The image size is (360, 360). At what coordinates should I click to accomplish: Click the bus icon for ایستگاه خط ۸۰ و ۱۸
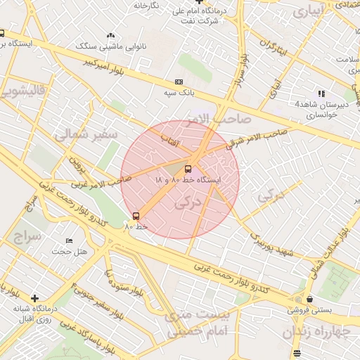(188, 169)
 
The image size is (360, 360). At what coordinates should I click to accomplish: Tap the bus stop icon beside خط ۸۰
(136, 216)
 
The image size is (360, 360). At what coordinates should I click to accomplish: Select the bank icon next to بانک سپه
(178, 82)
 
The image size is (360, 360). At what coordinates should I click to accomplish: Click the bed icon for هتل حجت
(68, 241)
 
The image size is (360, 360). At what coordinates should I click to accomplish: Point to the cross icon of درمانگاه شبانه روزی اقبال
(34, 298)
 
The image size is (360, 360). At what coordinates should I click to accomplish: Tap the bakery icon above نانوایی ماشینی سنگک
(110, 35)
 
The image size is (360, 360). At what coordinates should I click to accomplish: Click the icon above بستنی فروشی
(309, 299)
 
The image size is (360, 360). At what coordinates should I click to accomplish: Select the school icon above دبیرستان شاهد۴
(321, 93)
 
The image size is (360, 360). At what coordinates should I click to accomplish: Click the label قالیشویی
(23, 91)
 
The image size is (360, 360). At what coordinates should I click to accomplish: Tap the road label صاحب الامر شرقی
(257, 137)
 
